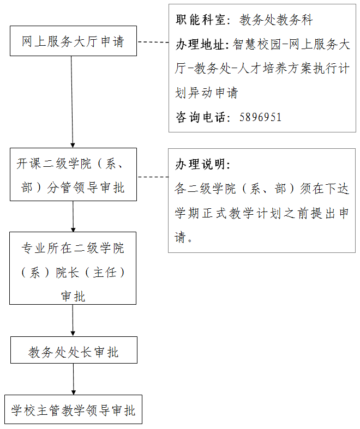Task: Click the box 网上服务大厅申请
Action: [74, 41]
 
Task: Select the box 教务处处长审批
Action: [74, 350]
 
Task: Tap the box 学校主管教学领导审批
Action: [74, 409]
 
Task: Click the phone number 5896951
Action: [260, 117]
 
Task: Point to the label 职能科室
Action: [200, 20]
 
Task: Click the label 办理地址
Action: [200, 44]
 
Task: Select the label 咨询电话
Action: [200, 117]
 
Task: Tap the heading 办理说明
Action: [200, 164]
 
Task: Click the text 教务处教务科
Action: [276, 20]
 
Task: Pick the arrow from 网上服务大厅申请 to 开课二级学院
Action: [72, 102]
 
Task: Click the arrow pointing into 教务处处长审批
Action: [73, 320]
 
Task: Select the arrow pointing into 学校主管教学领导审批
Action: [74, 379]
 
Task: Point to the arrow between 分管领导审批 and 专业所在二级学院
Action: [73, 216]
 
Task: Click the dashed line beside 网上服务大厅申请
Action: [153, 42]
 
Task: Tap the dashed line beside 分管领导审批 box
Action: [153, 177]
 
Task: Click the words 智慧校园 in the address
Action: [257, 44]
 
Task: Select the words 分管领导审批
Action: [86, 188]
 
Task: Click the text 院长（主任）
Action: [91, 273]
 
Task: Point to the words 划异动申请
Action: [206, 93]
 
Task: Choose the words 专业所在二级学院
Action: [73, 248]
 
